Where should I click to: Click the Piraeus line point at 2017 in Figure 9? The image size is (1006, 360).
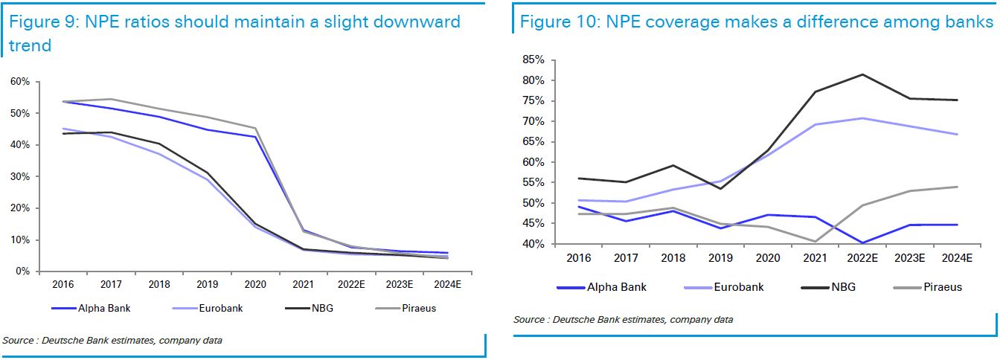[110, 99]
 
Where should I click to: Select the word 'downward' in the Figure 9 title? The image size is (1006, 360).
[418, 22]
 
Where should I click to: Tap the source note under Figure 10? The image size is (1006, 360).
[622, 320]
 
